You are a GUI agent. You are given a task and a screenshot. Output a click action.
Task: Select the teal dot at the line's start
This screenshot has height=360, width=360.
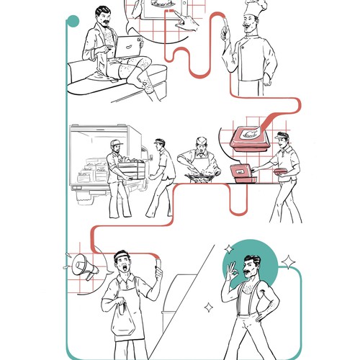(x=72, y=22)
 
